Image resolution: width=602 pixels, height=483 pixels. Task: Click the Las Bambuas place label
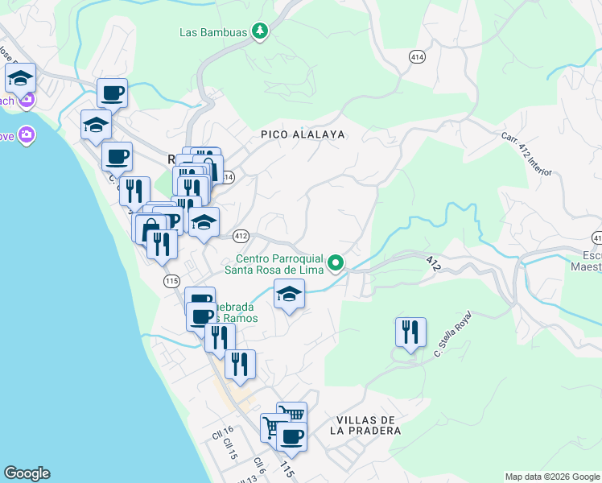(x=213, y=32)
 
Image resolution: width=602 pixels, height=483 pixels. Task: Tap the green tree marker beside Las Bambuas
(x=259, y=32)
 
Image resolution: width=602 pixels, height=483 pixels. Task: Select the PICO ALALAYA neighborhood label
(x=303, y=134)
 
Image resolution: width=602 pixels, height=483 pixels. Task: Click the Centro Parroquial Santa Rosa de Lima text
(x=279, y=264)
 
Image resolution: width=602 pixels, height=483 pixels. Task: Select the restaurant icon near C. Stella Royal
(x=410, y=331)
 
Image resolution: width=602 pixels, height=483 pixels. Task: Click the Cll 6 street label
(x=260, y=464)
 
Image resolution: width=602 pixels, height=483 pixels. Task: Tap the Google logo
(x=27, y=473)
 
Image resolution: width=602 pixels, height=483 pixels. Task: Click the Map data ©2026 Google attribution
(x=551, y=477)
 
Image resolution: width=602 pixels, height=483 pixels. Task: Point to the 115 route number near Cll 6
(x=284, y=468)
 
